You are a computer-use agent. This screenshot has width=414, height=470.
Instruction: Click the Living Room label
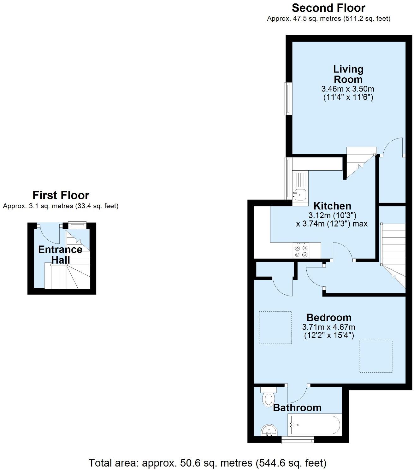[x=348, y=74]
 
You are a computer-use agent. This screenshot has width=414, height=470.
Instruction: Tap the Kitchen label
[x=332, y=206]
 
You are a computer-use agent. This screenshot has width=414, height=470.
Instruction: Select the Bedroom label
[x=329, y=317]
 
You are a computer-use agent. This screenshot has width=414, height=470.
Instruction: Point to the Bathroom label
[x=297, y=408]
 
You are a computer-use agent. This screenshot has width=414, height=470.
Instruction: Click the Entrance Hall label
[x=60, y=255]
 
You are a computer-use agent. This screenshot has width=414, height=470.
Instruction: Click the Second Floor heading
[x=328, y=8]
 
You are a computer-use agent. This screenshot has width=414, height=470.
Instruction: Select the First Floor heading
[x=61, y=195]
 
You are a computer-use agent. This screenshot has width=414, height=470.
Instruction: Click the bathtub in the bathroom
[x=314, y=425]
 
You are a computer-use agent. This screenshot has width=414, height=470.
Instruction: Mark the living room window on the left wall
[x=287, y=98]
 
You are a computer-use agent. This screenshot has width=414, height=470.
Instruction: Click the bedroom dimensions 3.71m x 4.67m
[x=328, y=327]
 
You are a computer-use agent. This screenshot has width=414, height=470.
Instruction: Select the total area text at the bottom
[x=207, y=463]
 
